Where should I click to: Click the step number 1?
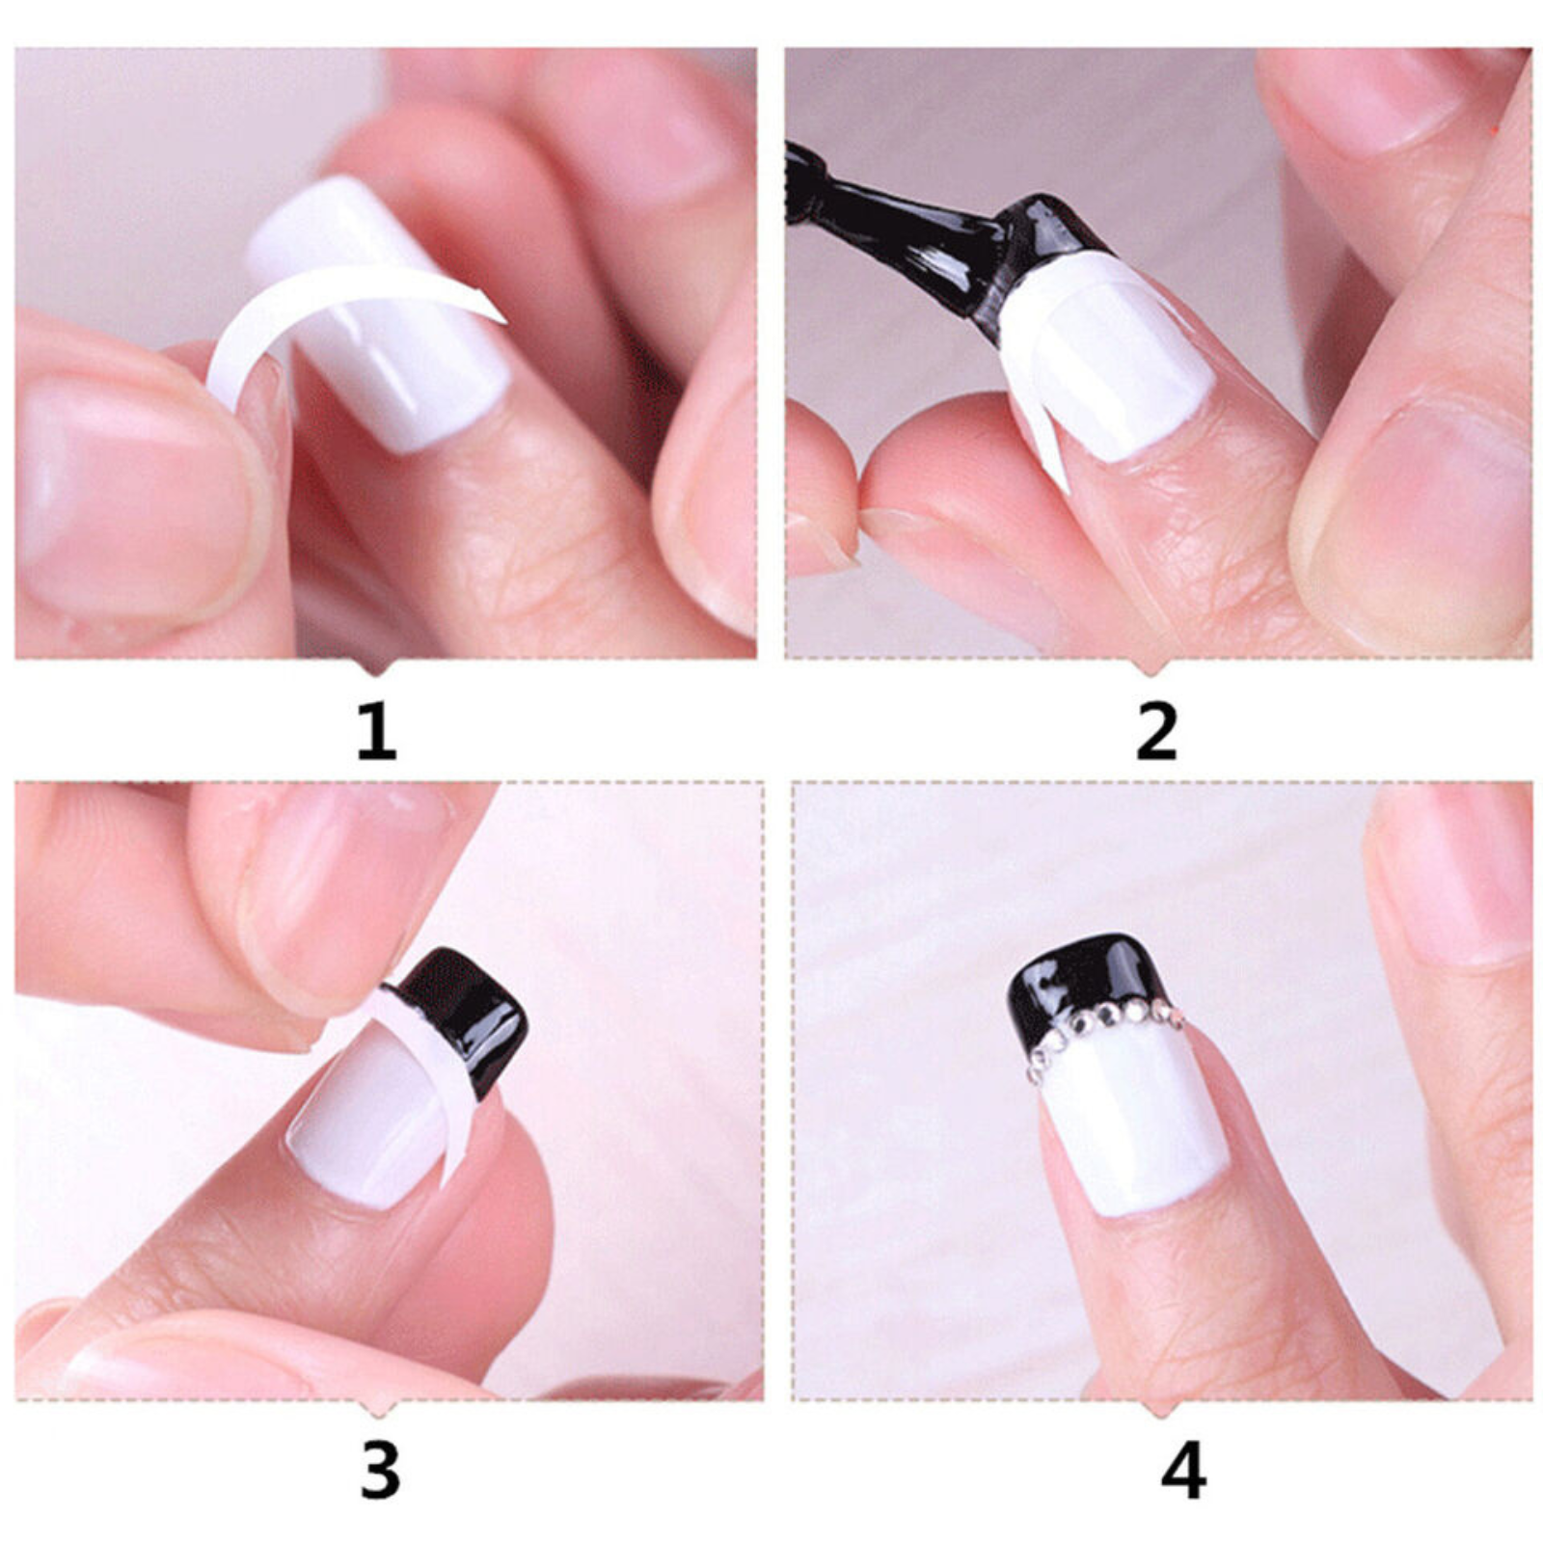pos(377,733)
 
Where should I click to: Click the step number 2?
pos(1157,733)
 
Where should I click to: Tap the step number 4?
pos(1183,1471)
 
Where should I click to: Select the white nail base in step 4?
pos(1133,1123)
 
